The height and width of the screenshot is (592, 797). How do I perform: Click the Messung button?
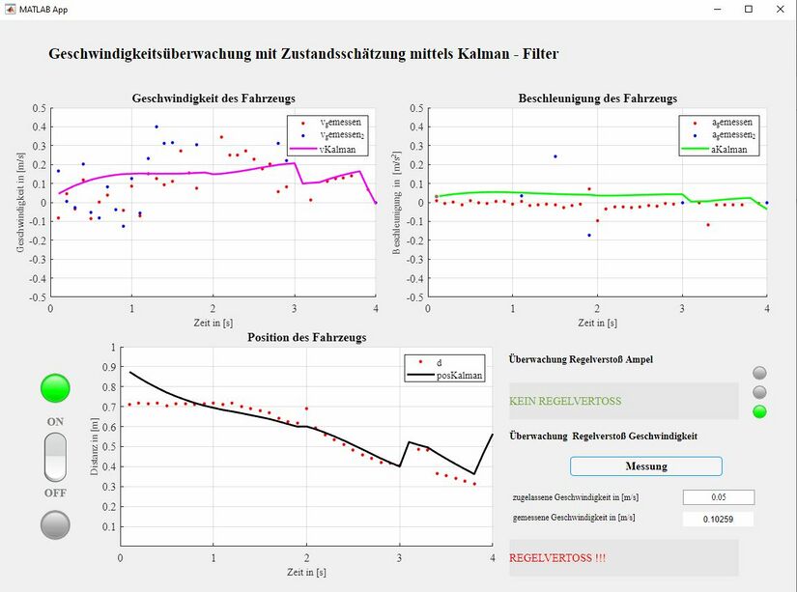coord(645,466)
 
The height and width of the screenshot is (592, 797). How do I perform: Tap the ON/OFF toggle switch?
coord(55,457)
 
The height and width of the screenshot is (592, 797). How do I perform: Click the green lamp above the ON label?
coord(55,388)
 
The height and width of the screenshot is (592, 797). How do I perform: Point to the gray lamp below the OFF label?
coord(55,524)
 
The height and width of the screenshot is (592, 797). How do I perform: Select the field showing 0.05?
coord(718,497)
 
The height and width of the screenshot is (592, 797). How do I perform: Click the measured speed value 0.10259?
coord(718,520)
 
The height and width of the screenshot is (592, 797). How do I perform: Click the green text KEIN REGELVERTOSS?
coord(565,401)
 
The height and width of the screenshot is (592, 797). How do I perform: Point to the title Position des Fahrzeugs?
coord(306,337)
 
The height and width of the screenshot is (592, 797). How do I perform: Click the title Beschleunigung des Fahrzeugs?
coord(597,99)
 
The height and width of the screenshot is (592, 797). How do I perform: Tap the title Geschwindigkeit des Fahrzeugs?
coord(213,99)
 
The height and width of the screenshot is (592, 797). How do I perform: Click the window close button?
coord(779,9)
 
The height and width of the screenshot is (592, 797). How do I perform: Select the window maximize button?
coord(748,9)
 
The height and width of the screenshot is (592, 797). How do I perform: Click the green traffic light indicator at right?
coord(760,412)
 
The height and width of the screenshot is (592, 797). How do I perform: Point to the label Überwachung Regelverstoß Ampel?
coord(581,359)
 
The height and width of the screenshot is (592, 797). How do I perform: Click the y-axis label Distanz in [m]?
coord(95,447)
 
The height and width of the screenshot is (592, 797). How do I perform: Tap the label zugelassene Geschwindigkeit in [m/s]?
coord(576,497)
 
